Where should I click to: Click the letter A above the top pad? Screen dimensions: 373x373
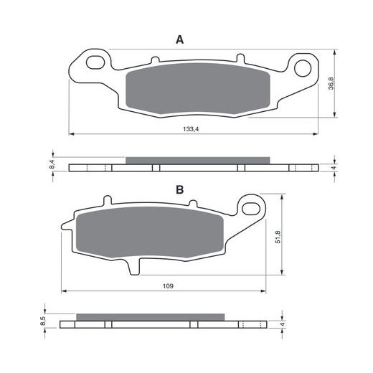coord(179,39)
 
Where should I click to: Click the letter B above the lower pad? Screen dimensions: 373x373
coord(179,190)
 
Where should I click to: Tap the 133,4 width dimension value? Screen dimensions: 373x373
coord(191,129)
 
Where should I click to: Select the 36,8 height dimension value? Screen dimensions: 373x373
coord(331,83)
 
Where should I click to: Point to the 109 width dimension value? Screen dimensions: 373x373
coord(168,286)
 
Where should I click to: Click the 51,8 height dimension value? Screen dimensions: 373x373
coord(278,237)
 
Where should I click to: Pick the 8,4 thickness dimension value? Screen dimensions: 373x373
coord(52,164)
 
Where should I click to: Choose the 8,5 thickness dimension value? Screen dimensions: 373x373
coord(43,321)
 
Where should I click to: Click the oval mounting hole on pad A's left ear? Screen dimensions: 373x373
coord(95,62)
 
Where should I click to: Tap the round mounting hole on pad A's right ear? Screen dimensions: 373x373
coord(303,68)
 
